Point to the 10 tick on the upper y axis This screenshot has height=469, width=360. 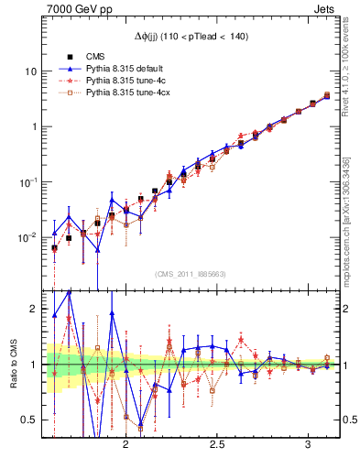(x=31, y=71)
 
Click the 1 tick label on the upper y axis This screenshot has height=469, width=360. (x=34, y=126)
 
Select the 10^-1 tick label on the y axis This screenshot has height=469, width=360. (x=29, y=181)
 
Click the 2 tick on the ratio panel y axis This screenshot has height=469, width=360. (x=34, y=310)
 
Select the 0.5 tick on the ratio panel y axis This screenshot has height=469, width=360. (x=30, y=420)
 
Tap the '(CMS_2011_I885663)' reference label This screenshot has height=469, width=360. (x=191, y=274)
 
